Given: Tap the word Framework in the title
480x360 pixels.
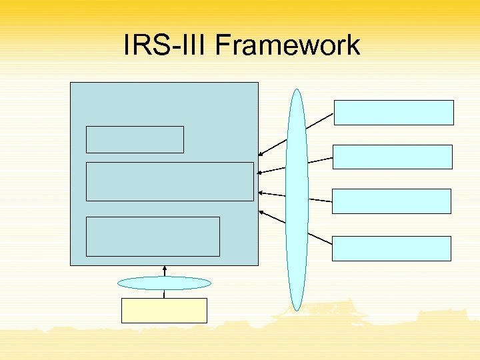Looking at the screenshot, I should (285, 45).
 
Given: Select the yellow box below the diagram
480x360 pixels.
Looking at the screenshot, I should (164, 310).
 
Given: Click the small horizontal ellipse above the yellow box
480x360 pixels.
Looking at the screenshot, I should (164, 283).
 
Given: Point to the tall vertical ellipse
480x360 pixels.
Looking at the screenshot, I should (297, 200).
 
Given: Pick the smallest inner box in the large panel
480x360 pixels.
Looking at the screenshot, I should (135, 139).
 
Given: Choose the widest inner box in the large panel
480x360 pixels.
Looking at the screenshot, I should (170, 181).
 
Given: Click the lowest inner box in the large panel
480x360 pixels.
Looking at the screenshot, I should (153, 236).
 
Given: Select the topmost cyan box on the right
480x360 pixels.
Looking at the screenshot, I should (393, 113).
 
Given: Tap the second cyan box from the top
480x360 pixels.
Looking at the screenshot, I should (392, 157).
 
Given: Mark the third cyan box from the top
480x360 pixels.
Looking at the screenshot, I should (391, 201).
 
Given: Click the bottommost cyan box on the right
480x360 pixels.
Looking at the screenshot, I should (391, 248).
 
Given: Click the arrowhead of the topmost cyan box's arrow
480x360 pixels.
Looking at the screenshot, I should (261, 155).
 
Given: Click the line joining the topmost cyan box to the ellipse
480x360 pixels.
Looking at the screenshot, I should (320, 119).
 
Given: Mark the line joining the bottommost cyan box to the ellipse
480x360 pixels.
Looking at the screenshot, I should (320, 241).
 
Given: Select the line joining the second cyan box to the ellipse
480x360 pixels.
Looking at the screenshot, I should (320, 159).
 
